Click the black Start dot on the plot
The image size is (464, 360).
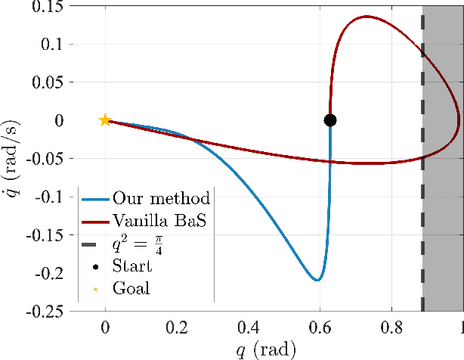tap(330, 120)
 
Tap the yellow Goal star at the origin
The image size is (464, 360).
tap(105, 120)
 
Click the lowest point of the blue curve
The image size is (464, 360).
tap(317, 281)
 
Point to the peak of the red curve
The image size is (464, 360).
tap(367, 17)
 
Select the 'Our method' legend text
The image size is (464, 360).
tap(161, 200)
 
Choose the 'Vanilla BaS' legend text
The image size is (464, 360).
tap(160, 222)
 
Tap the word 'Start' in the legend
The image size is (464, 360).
tap(131, 266)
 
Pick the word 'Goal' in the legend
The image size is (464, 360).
tap(130, 288)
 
